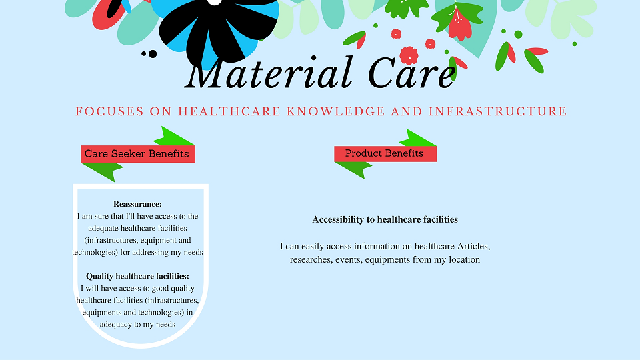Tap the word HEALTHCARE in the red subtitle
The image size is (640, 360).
[229, 111]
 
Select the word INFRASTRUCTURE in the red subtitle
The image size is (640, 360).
[497, 111]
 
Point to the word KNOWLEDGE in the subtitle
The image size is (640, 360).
[336, 111]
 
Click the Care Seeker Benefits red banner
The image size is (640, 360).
[138, 154]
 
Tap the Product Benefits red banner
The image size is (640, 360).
[385, 153]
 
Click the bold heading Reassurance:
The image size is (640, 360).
[137, 204]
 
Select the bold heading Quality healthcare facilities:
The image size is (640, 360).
[137, 276]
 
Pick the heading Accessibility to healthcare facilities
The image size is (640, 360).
[385, 219]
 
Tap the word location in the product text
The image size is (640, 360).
[465, 259]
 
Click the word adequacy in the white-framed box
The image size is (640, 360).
[117, 325]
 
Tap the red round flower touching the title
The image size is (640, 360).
[409, 55]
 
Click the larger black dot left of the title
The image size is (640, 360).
[153, 54]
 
